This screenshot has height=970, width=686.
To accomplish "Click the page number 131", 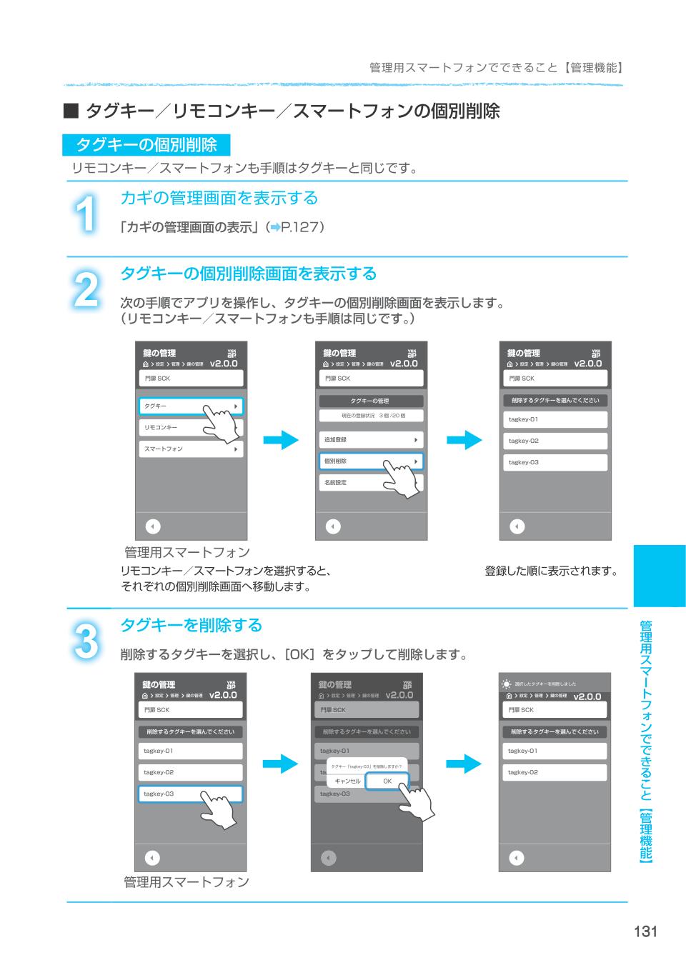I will tap(644, 931).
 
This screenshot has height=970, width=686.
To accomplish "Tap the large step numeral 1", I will tap(86, 213).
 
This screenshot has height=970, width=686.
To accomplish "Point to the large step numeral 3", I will tap(86, 640).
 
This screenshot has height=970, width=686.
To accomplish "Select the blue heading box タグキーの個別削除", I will tap(146, 145).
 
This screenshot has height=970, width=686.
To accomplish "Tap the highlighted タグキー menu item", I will tap(190, 406).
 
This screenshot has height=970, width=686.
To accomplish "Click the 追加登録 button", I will tap(370, 440).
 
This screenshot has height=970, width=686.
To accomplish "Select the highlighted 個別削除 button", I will tap(370, 461).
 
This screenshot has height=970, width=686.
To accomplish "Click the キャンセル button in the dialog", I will tap(347, 781).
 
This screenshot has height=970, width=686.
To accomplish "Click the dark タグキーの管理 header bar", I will tap(370, 401).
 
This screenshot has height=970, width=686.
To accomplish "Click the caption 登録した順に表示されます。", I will tap(551, 571).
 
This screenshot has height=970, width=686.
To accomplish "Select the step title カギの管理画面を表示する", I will tap(219, 198).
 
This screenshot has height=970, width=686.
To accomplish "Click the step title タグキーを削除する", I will tap(191, 625).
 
